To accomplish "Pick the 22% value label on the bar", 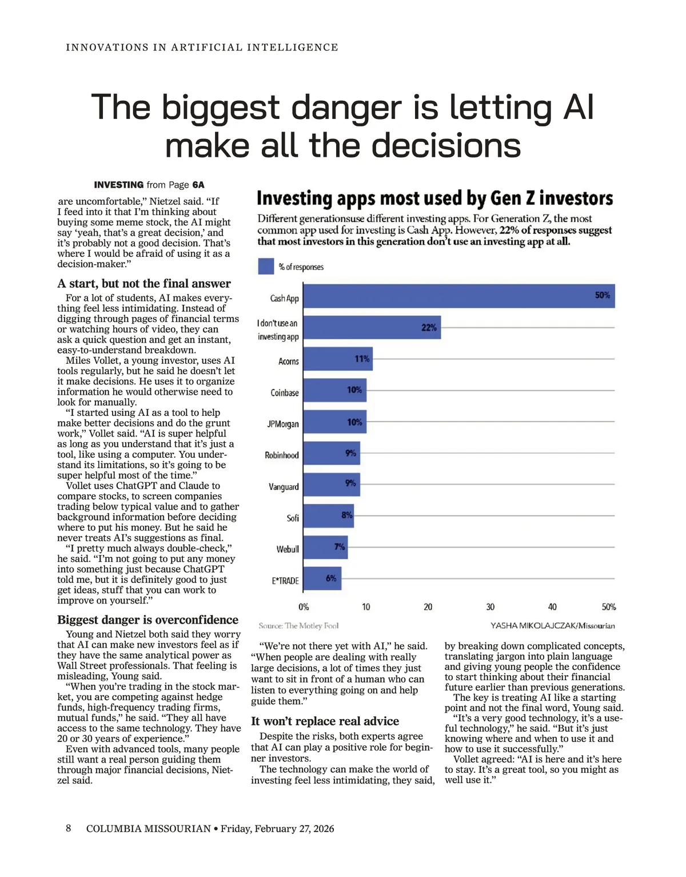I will pos(429,328).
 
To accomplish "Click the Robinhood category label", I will pos(281,455).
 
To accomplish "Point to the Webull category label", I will pos(288,549).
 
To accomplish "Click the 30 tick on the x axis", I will pos(490,607).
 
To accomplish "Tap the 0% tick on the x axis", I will pos(304,607).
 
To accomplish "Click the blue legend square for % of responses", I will pos(266,267).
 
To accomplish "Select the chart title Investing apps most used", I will pos(434,199).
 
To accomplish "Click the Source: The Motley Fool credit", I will pos(298,626).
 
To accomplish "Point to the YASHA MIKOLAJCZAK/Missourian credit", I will pos(552,626).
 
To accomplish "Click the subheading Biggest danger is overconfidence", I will pos(147,620).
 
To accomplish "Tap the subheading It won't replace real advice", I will pos(325,721).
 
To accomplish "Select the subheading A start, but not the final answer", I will pos(144,284).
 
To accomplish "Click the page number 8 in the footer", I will pos(69,828).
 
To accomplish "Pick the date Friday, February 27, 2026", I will pos(277,829).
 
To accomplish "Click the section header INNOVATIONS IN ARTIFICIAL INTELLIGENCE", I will pos(202,47).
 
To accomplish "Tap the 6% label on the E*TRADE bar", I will pos(331,578).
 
